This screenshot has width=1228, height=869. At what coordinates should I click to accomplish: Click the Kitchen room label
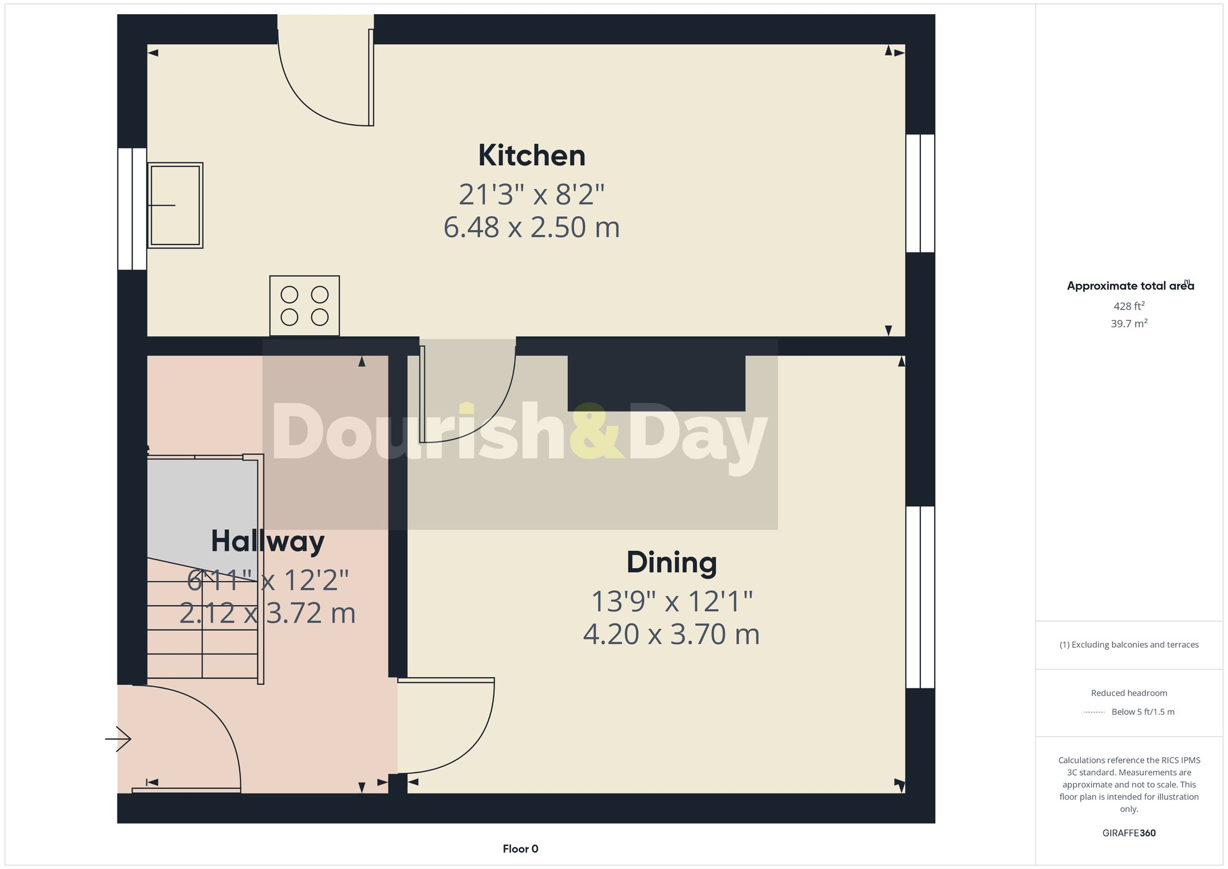(x=532, y=155)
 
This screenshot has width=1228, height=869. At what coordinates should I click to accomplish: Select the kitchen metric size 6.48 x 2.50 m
(x=532, y=227)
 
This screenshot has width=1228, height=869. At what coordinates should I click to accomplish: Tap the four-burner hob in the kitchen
(x=305, y=306)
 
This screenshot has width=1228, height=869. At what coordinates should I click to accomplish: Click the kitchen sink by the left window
(x=176, y=205)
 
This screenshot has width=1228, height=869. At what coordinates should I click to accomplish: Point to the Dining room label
(x=671, y=563)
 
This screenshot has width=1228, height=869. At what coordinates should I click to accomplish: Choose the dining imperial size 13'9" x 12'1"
(x=671, y=602)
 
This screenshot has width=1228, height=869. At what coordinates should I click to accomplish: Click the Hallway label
(x=268, y=541)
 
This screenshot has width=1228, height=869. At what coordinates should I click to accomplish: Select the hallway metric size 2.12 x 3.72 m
(x=268, y=613)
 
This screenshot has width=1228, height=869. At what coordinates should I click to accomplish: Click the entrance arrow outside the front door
(x=119, y=739)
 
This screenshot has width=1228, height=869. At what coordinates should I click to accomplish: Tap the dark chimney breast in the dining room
(x=656, y=382)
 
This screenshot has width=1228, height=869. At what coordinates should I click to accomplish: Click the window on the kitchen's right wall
(x=920, y=193)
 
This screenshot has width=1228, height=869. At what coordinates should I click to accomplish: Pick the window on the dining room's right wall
(x=920, y=597)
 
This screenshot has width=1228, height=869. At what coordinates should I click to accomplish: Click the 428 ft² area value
(x=1129, y=306)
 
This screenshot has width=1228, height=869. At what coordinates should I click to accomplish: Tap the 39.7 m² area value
(x=1129, y=324)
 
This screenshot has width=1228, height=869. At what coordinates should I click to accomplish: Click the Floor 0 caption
(x=520, y=849)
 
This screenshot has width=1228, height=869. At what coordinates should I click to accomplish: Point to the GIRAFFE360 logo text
(x=1129, y=833)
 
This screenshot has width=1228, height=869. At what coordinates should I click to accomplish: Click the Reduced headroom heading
(x=1129, y=693)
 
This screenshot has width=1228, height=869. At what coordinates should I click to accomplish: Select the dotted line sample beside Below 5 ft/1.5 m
(x=1094, y=712)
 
